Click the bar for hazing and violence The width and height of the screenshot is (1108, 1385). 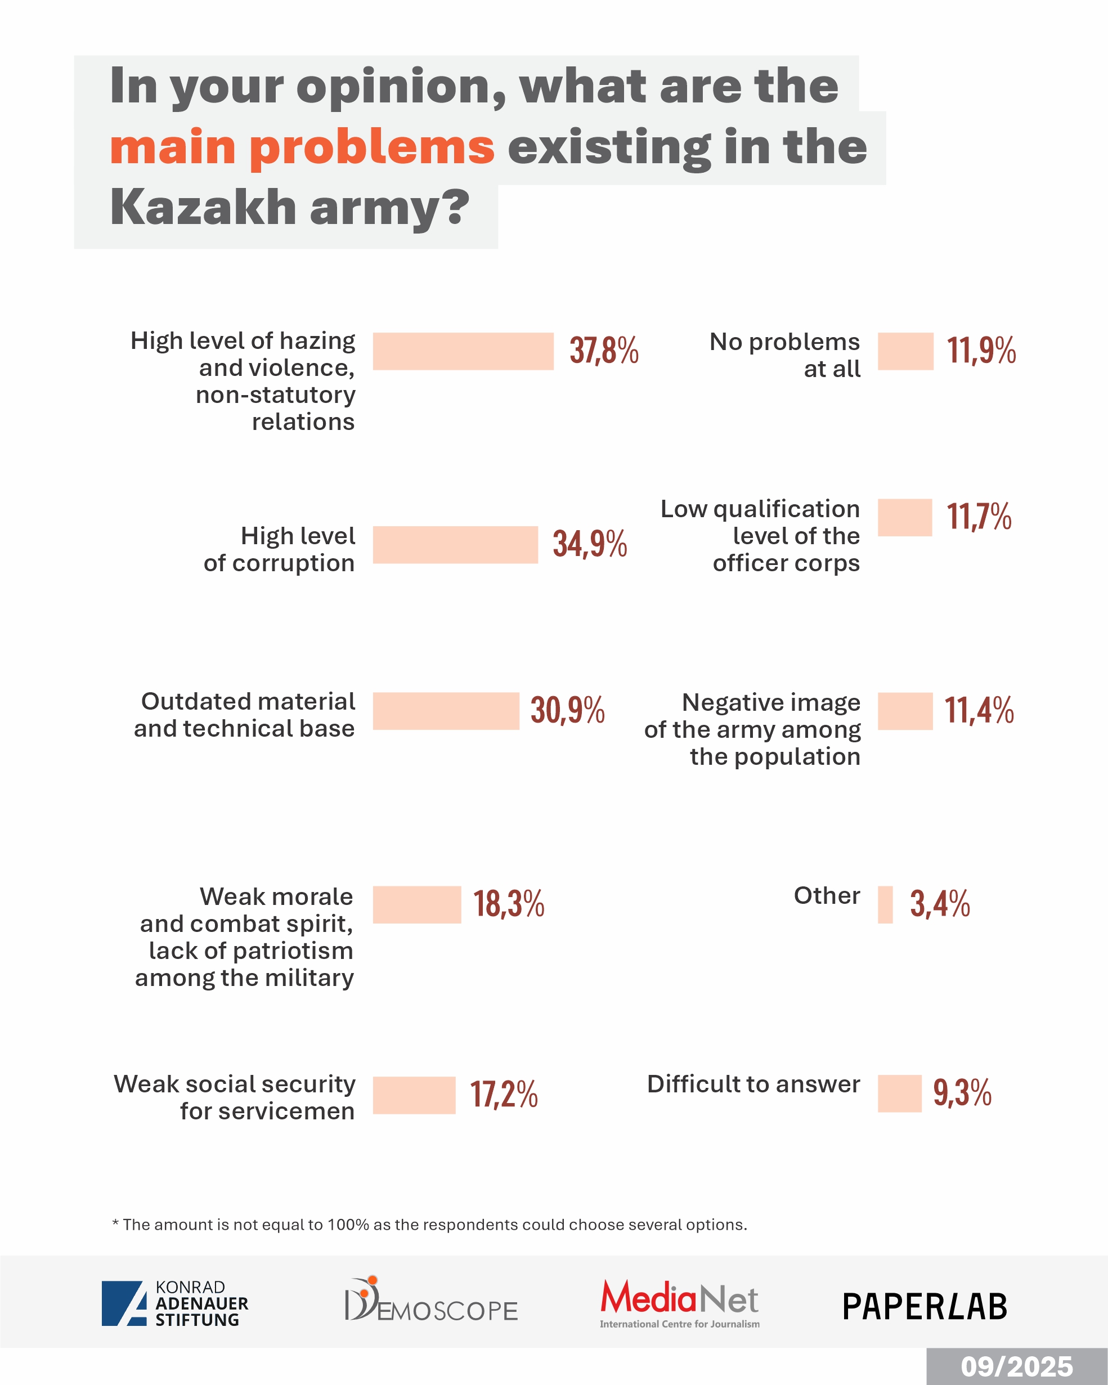point(463,351)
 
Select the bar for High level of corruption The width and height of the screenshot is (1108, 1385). point(455,545)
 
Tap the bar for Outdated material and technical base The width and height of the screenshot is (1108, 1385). point(446,711)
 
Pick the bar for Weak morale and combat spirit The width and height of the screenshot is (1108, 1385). point(417,904)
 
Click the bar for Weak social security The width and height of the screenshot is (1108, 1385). point(414,1095)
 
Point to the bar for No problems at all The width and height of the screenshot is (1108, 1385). point(905,351)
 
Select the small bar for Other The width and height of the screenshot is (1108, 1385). point(885,904)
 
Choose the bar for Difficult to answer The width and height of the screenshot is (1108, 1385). point(899,1093)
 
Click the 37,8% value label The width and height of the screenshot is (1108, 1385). point(604,351)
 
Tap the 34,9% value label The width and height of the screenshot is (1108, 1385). point(590,544)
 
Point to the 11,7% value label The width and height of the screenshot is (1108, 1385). point(979,517)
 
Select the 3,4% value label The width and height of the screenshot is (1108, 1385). point(940,904)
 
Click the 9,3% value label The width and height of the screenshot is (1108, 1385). point(962,1093)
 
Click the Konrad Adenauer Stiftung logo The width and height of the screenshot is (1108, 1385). point(174,1303)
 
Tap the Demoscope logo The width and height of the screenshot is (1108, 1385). point(431,1300)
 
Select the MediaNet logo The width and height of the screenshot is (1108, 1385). point(680,1302)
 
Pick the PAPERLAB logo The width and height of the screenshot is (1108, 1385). point(925,1307)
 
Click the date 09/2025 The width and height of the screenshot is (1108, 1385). point(1016,1367)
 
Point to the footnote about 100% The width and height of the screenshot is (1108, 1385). point(429,1225)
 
